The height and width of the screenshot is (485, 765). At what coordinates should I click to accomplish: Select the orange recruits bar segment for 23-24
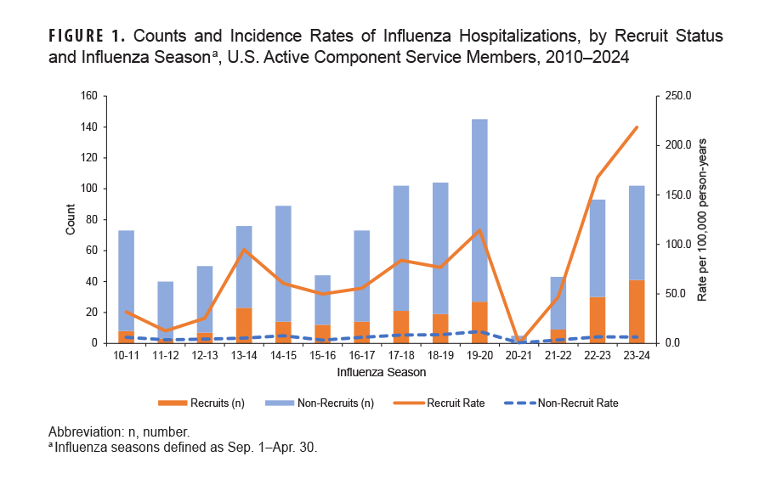pyautogui.click(x=637, y=312)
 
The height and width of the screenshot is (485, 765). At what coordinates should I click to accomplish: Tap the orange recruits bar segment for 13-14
pyautogui.click(x=244, y=325)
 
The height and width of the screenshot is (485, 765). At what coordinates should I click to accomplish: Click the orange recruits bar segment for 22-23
pyautogui.click(x=598, y=320)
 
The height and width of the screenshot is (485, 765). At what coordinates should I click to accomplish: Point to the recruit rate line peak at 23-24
pyautogui.click(x=637, y=127)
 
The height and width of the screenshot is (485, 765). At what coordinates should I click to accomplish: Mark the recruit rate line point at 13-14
pyautogui.click(x=244, y=250)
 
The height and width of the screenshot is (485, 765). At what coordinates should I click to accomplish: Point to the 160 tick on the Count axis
pyautogui.click(x=88, y=97)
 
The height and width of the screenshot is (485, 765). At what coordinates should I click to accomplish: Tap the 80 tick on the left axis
pyautogui.click(x=90, y=220)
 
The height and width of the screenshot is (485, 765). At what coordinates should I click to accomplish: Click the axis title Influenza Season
pyautogui.click(x=381, y=373)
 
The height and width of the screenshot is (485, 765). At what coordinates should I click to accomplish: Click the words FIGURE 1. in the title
pyautogui.click(x=88, y=37)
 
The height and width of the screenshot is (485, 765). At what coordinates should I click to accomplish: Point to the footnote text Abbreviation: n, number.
pyautogui.click(x=118, y=431)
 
